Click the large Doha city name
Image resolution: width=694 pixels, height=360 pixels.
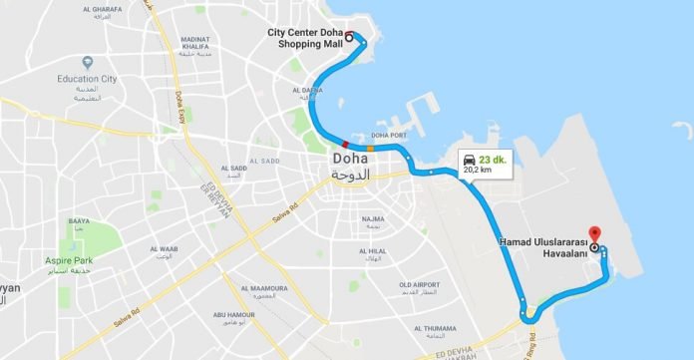coord(350,158)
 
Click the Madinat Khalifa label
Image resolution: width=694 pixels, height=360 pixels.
coord(194,43)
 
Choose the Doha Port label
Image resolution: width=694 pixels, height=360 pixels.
coord(388,135)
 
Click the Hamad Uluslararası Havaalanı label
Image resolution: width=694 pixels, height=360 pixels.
coord(542,245)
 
